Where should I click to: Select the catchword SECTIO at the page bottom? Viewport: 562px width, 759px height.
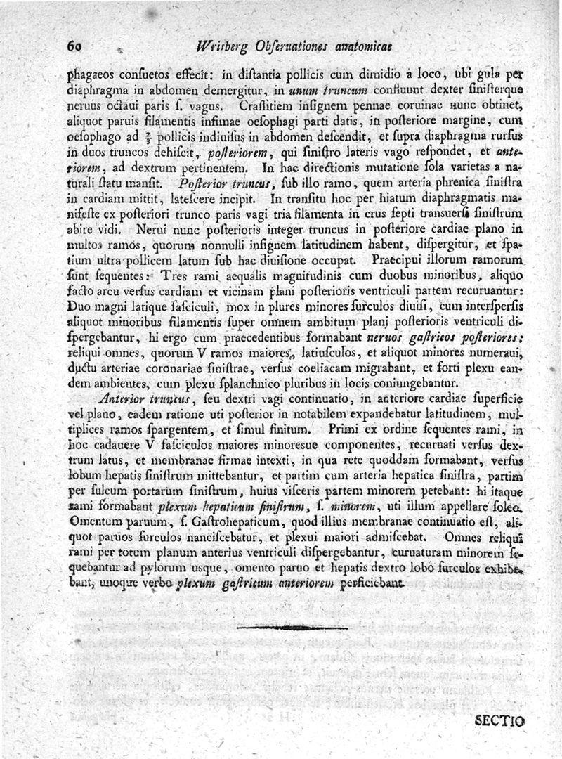pyautogui.click(x=500, y=720)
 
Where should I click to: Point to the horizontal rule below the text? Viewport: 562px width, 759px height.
pyautogui.click(x=292, y=627)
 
